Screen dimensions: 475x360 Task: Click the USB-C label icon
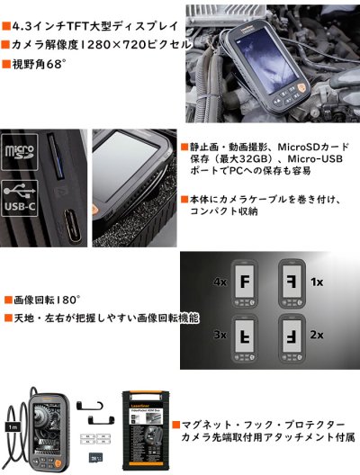20,201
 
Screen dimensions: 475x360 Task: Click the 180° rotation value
66,298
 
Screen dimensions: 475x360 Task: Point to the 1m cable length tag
10,428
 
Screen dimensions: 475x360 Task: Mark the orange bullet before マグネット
184,422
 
